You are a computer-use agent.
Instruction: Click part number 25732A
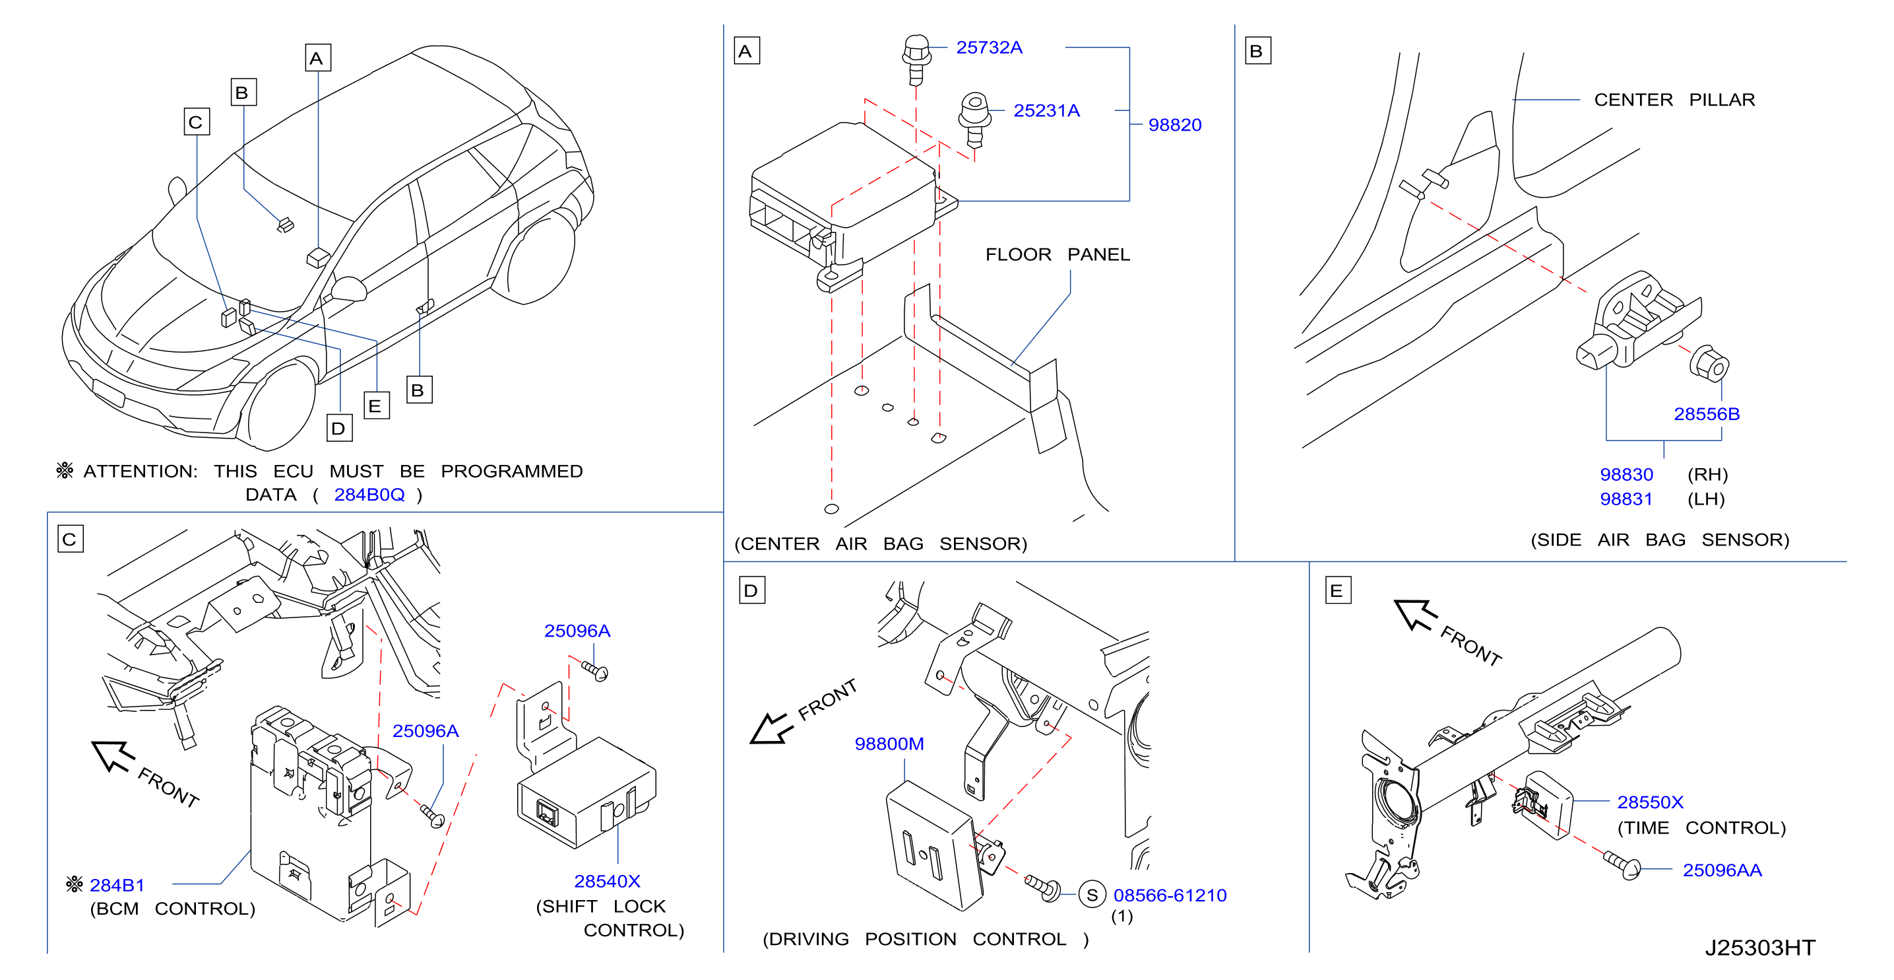coord(989,48)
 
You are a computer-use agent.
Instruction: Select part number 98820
coord(1174,125)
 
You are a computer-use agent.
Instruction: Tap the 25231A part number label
coord(1046,111)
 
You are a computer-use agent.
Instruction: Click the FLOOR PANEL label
coord(1057,254)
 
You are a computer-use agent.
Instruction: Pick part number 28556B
coord(1707,414)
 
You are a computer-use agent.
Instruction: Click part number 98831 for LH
coord(1626,499)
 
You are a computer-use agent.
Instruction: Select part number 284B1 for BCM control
coord(117,885)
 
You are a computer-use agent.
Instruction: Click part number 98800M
coord(889,744)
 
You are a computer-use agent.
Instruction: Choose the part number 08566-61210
coord(1170,895)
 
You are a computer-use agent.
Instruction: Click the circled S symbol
coord(1092,895)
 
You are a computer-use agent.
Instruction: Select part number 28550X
coord(1650,802)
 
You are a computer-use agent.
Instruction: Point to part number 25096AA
coord(1722,870)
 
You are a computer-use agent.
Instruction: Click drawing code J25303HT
coord(1760,948)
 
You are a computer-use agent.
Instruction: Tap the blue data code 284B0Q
coord(369,495)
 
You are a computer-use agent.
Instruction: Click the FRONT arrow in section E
coord(1415,615)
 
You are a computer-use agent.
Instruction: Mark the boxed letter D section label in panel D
coord(751,590)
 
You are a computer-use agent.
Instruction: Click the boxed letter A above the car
coord(317,58)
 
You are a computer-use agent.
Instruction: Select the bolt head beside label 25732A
coord(916,50)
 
